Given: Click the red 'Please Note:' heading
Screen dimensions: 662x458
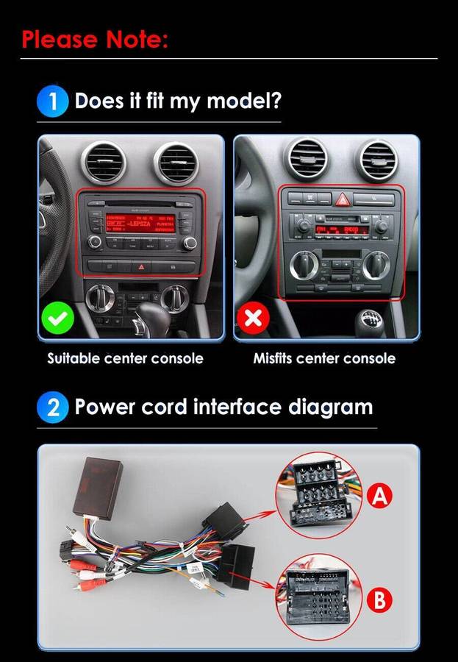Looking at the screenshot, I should click(x=95, y=38).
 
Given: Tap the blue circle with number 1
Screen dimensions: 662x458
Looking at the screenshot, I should click(x=53, y=101).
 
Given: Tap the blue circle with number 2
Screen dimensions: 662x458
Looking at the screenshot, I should click(x=53, y=407).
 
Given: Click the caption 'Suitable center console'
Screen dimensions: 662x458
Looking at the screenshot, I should click(x=125, y=359).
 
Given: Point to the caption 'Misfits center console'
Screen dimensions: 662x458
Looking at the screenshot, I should click(x=324, y=359).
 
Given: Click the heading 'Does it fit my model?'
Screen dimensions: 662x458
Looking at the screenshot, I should click(x=178, y=101).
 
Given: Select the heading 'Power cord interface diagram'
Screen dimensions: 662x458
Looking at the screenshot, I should click(x=223, y=407).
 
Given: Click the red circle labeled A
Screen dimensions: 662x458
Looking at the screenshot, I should click(x=379, y=496).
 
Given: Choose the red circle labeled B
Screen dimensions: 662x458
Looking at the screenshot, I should click(x=379, y=600).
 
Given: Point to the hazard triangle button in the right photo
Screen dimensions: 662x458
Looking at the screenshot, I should click(x=343, y=199).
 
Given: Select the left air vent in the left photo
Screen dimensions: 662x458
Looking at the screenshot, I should click(x=104, y=162).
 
